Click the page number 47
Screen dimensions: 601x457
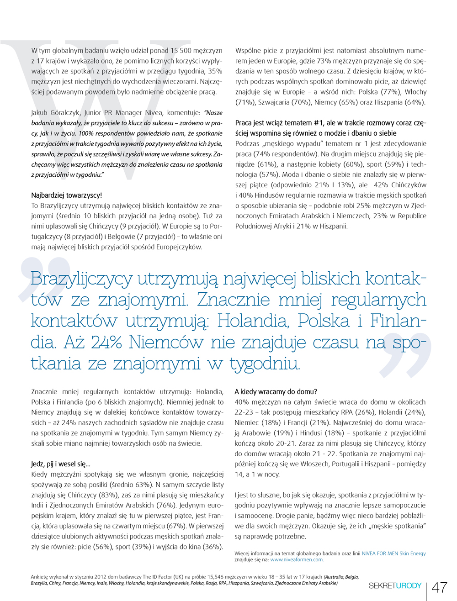[439, 587]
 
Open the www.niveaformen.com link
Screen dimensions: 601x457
[297, 559]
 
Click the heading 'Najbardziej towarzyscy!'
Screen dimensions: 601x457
[67, 195]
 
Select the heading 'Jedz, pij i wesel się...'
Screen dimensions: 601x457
[61, 464]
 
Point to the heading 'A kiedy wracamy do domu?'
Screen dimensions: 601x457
[276, 391]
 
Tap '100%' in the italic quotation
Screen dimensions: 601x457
[87, 133]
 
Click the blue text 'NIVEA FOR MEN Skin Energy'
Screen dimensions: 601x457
[393, 554]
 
